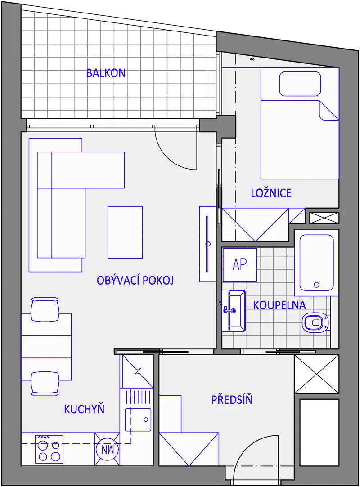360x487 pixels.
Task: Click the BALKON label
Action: [106, 73]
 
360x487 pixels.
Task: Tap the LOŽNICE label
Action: [271, 193]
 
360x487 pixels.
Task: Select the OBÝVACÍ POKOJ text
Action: [135, 280]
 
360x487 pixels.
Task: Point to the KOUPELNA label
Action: [279, 305]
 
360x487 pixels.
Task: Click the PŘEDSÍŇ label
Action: [232, 399]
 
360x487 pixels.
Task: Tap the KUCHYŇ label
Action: [84, 409]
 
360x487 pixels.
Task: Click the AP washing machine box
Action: [240, 264]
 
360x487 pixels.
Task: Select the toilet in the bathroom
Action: [315, 323]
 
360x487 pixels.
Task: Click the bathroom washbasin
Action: [234, 311]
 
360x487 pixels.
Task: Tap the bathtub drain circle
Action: [317, 285]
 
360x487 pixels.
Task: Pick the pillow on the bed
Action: [300, 84]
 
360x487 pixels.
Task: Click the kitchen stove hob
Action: [49, 449]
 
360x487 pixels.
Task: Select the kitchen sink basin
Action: [138, 420]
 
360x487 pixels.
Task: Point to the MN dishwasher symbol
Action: [107, 449]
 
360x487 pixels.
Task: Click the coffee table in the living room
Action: [125, 232]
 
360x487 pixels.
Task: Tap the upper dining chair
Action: [45, 309]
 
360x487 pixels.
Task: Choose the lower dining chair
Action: [45, 384]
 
